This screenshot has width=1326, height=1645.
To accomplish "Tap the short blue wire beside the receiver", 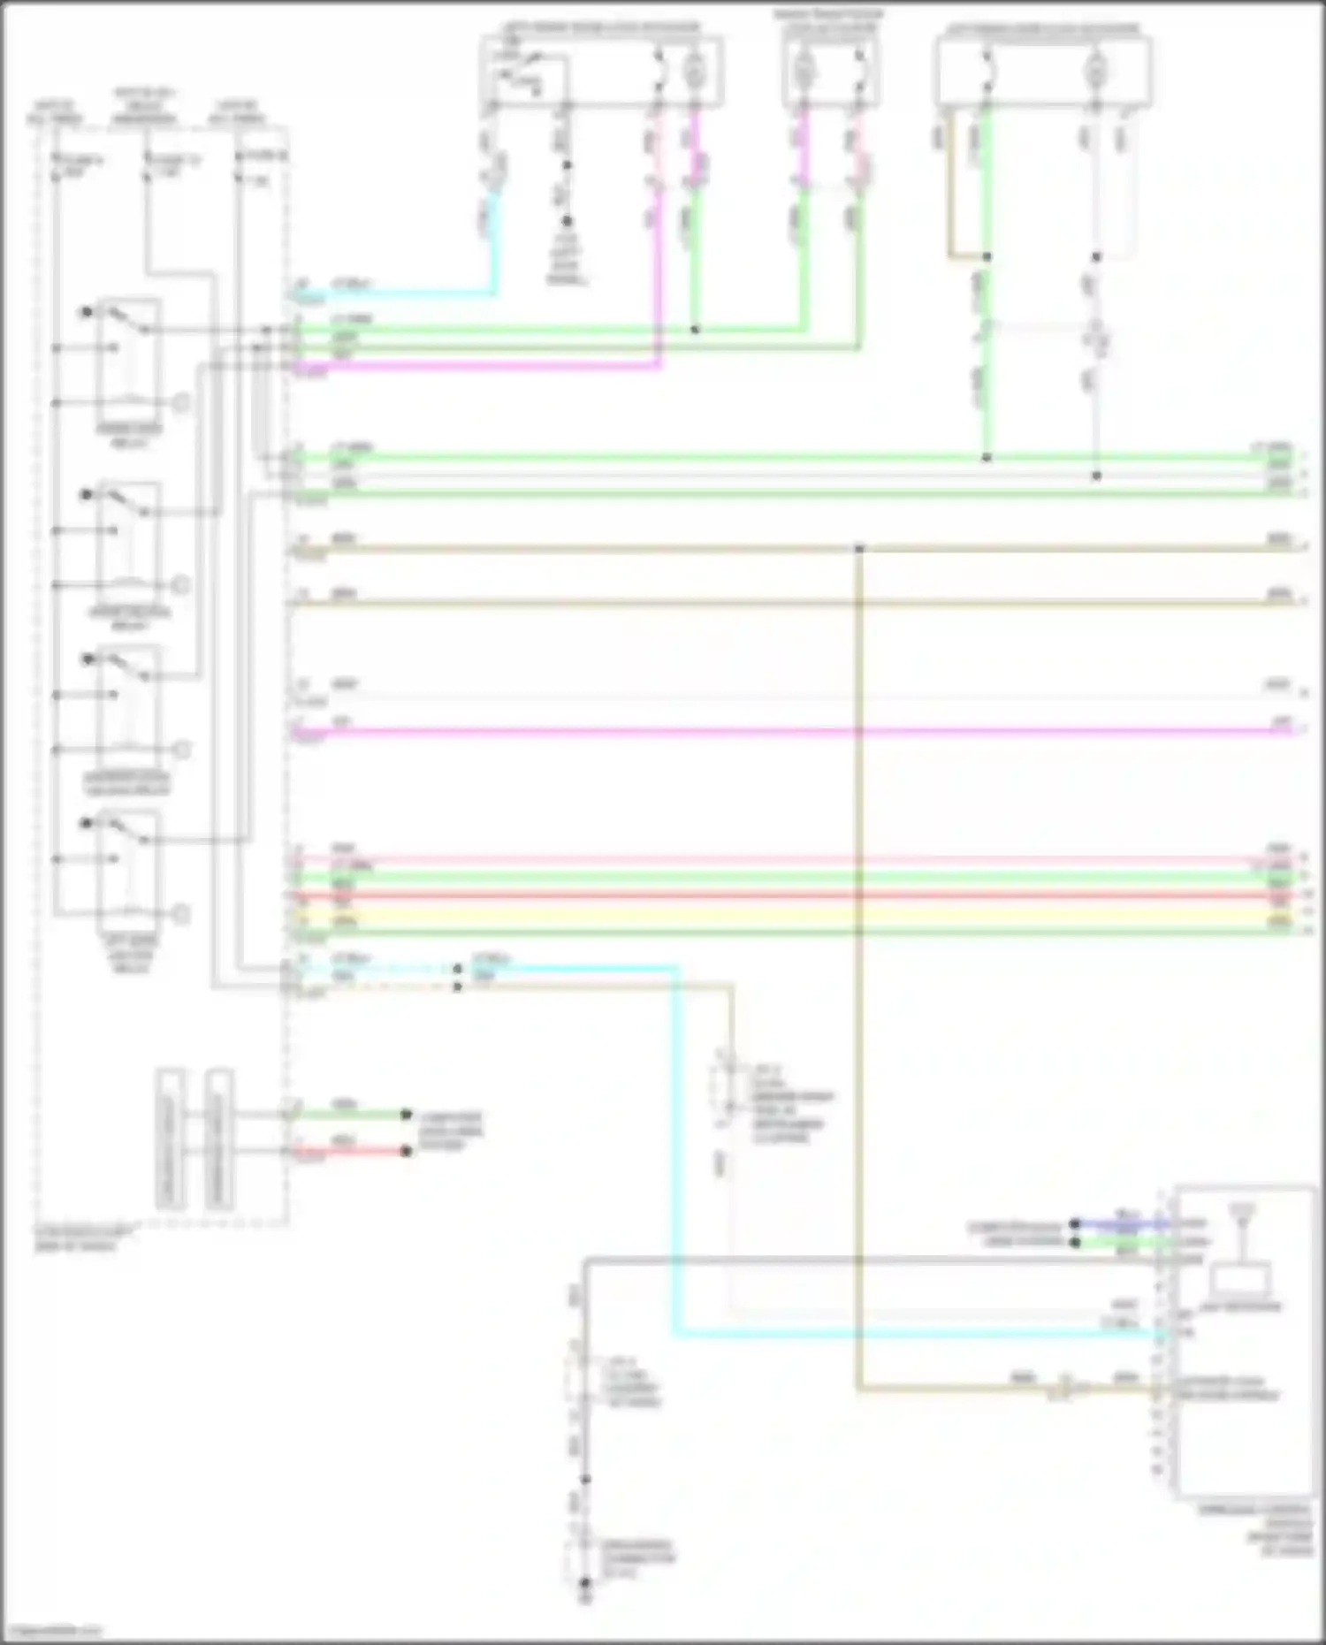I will tap(1123, 1225).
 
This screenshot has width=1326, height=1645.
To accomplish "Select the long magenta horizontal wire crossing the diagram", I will tap(796, 732).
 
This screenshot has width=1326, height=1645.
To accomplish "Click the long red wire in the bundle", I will tap(796, 896).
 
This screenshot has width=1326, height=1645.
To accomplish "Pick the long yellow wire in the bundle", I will tap(796, 914).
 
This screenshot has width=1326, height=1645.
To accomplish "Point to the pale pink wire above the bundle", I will tap(796, 859).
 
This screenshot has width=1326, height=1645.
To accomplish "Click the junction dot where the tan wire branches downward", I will tap(858, 549).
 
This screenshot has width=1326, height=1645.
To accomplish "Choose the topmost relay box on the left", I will tap(129, 362).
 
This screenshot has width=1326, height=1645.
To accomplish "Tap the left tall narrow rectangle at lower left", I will tap(171, 1140).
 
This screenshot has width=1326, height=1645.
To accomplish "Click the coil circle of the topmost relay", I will tap(180, 403).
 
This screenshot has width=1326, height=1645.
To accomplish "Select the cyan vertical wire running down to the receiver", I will tap(676, 1149).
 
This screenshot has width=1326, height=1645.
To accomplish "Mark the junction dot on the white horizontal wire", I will tap(1096, 476).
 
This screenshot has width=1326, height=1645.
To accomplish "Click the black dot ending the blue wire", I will tap(1074, 1225).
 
